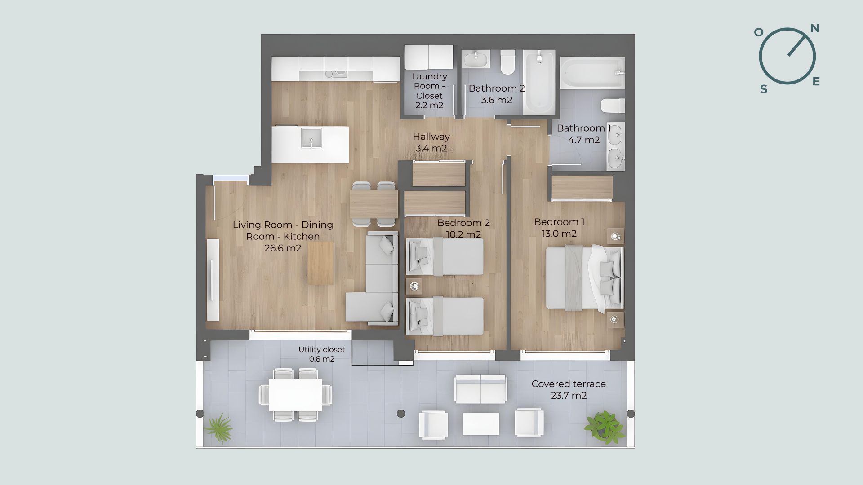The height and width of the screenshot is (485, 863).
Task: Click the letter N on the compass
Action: click(x=814, y=29)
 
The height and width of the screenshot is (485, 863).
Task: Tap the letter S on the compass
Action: click(x=764, y=89)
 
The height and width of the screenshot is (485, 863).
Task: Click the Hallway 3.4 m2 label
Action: click(x=431, y=142)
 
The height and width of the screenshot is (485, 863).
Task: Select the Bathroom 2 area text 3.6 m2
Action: click(x=497, y=100)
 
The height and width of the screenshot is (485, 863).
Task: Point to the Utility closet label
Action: click(x=322, y=349)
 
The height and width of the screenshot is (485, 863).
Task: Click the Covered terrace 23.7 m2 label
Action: click(x=569, y=390)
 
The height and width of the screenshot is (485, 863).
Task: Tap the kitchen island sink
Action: click(x=311, y=139)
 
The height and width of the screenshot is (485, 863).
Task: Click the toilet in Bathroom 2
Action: click(x=508, y=62)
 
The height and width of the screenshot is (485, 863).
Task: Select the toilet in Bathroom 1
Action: click(x=613, y=106)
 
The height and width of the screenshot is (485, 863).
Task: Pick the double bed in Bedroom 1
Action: click(x=584, y=278)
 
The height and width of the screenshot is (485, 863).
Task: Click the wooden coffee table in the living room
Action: click(x=321, y=263)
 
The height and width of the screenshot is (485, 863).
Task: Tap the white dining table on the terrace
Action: click(x=295, y=395)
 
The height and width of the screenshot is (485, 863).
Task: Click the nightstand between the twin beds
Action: click(x=414, y=286)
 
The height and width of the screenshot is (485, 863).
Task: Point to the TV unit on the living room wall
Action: click(x=213, y=280)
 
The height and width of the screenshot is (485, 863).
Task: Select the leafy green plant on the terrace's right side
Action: click(x=605, y=425)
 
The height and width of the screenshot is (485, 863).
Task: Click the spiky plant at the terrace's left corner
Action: click(x=219, y=428)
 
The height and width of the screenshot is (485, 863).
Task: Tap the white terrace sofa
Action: click(x=480, y=389)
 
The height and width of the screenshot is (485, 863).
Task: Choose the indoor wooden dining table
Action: click(x=374, y=204)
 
